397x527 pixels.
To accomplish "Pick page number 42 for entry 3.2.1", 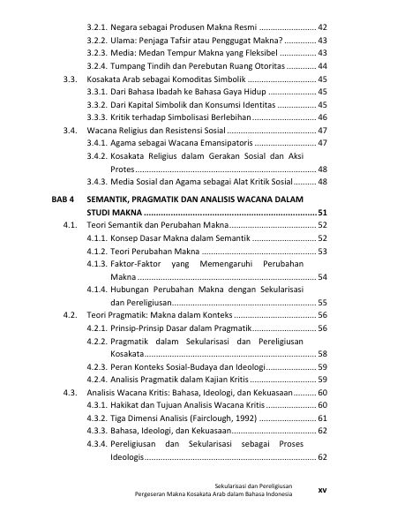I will point(323,28).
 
